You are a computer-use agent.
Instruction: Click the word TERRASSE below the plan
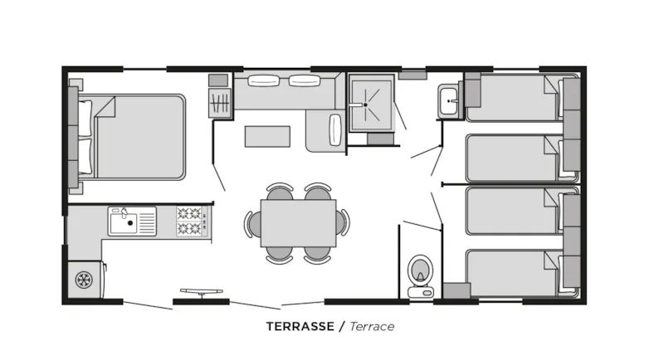[300, 326]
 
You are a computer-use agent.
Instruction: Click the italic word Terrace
[371, 326]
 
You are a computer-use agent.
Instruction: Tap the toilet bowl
[420, 270]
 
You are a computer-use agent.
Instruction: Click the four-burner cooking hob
[190, 221]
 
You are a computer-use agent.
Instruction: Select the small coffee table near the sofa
[267, 135]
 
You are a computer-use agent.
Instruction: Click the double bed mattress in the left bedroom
[140, 136]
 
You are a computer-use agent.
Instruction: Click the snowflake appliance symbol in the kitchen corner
[83, 280]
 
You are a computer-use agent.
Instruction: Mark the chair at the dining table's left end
[250, 223]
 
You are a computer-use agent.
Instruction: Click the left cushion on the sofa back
[265, 81]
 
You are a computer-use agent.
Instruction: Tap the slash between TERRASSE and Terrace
[341, 326]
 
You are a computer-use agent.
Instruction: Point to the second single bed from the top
[511, 157]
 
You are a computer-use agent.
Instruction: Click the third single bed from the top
[511, 212]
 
